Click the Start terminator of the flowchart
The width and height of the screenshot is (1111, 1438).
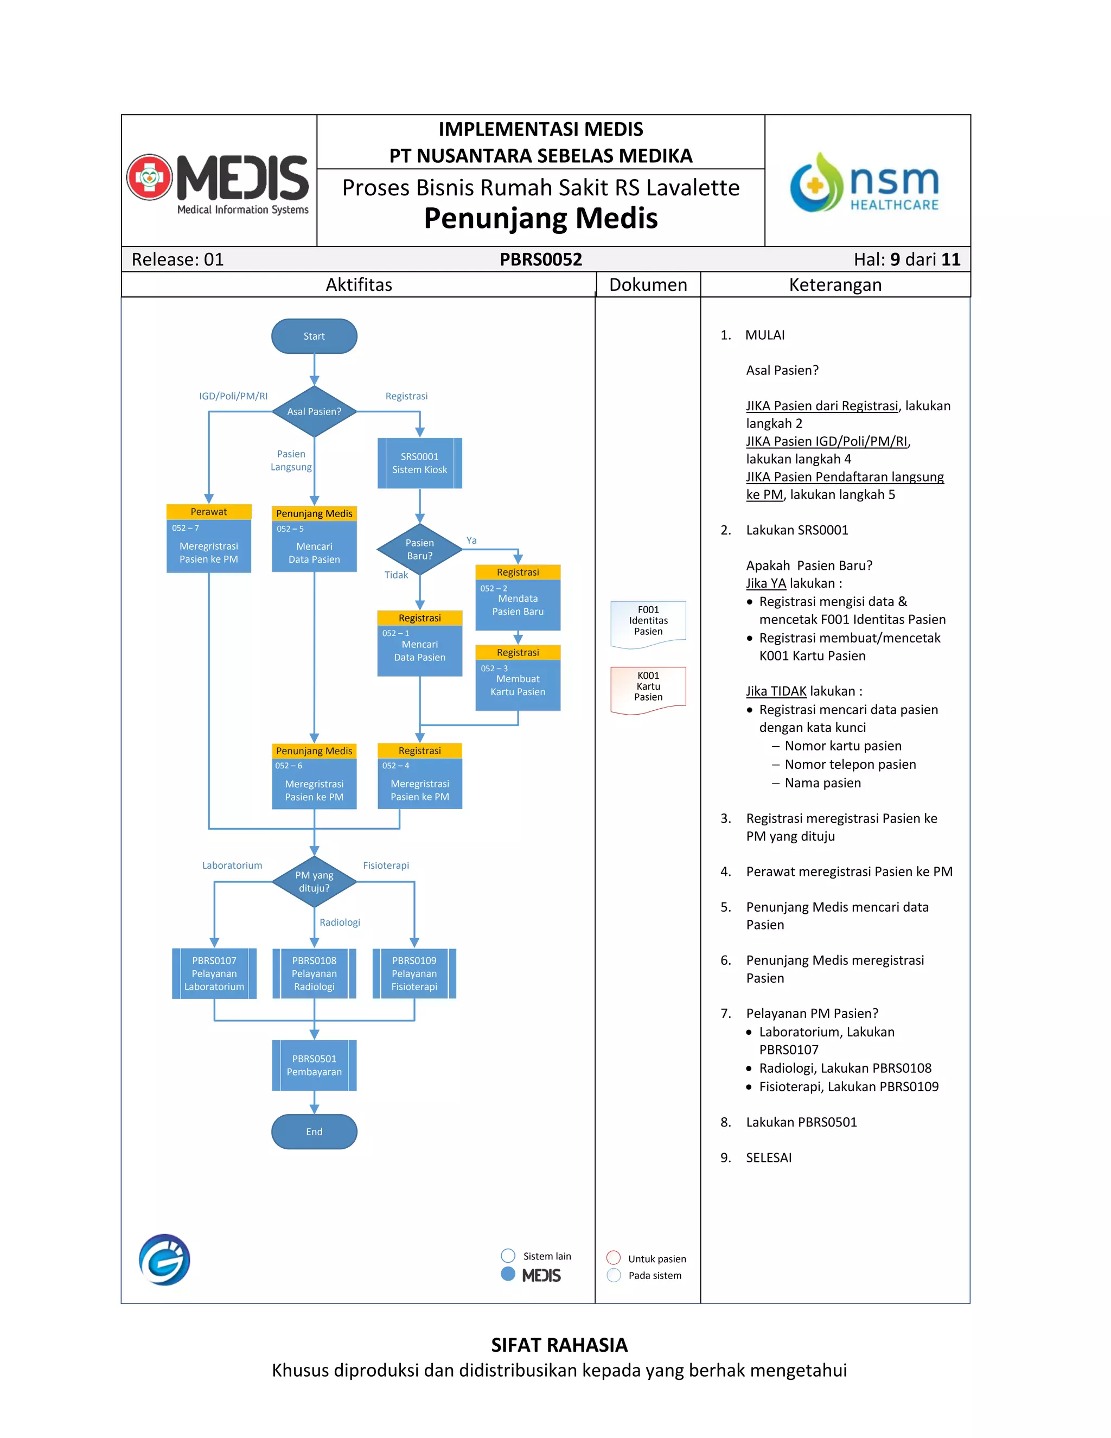tap(314, 336)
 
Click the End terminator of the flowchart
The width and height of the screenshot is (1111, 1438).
tap(314, 1131)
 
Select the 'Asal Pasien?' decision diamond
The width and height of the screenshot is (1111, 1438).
tap(314, 411)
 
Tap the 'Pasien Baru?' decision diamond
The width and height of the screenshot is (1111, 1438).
tap(419, 549)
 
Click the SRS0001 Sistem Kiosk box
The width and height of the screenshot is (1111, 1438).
tap(419, 463)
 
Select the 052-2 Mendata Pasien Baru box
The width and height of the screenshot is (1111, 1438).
tap(518, 604)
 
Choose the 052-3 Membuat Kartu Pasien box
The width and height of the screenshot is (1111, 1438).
tap(518, 684)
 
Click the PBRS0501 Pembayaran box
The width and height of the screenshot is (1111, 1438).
tap(314, 1065)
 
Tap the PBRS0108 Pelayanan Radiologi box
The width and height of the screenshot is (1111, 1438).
tap(314, 973)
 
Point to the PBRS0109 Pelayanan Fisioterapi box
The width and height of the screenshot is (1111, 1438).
tap(414, 973)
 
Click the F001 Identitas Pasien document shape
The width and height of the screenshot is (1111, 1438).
tap(648, 622)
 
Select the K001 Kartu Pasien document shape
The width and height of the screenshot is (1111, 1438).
tap(648, 688)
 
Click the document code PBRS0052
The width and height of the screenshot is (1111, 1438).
tap(540, 259)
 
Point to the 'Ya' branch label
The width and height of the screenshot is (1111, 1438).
tap(471, 540)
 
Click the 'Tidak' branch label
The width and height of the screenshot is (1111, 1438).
tap(396, 575)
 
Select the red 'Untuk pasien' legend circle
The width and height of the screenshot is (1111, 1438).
tap(614, 1258)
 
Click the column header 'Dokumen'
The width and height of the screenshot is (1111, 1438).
tap(648, 284)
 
